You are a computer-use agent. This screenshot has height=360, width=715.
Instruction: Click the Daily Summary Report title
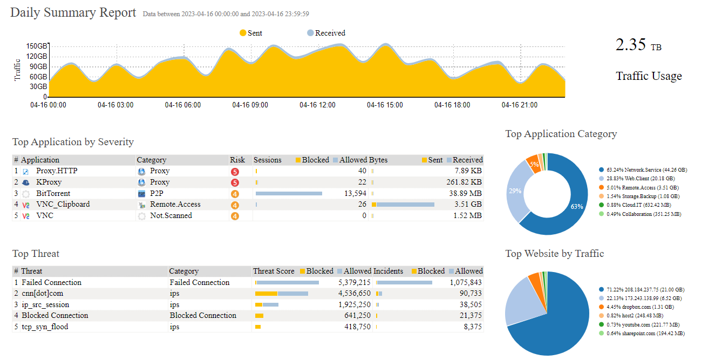[x=73, y=13]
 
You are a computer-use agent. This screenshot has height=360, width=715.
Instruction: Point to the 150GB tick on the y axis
[x=37, y=46]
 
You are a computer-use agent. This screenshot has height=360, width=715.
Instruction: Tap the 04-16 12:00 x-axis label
[x=317, y=105]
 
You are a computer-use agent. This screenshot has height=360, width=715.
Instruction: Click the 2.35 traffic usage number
[x=630, y=45]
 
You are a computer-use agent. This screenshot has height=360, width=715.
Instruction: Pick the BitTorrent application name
[x=53, y=193]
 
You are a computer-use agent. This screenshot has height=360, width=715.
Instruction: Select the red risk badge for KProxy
[x=235, y=182]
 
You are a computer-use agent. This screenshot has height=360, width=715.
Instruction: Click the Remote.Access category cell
[x=175, y=205]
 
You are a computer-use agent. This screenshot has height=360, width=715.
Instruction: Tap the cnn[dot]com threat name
[x=42, y=294]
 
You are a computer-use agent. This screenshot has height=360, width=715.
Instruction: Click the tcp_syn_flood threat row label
[x=45, y=327]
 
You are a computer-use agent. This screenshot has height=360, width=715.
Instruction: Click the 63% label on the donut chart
[x=576, y=207]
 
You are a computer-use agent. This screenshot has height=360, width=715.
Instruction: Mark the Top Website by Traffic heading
[x=554, y=254]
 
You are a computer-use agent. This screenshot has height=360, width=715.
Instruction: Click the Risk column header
[x=237, y=160]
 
